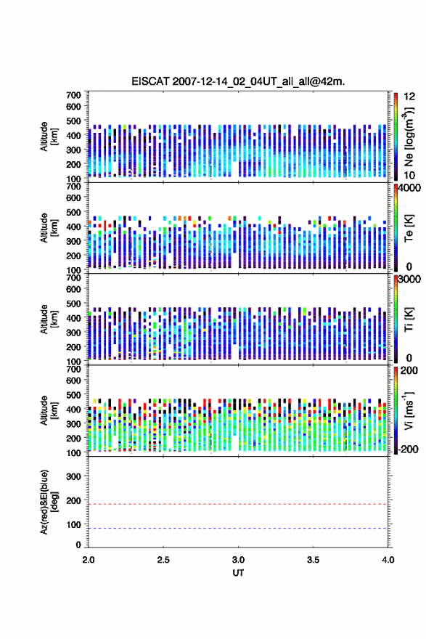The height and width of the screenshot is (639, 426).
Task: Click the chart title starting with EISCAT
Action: point(238,81)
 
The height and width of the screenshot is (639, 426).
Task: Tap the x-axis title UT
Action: point(238,573)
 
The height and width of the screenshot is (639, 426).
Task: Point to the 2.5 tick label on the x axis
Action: point(163,560)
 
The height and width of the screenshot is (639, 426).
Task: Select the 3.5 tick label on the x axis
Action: point(313,560)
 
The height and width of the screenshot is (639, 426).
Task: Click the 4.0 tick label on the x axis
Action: point(388,560)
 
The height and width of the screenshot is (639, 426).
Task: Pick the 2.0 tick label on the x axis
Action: point(89,560)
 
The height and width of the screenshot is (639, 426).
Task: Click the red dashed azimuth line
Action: point(238,504)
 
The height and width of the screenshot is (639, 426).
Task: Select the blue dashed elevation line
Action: point(238,528)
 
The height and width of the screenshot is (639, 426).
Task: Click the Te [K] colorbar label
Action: point(409,228)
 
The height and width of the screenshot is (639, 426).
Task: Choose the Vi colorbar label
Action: point(409,410)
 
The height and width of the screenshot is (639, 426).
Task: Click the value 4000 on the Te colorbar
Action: point(409,189)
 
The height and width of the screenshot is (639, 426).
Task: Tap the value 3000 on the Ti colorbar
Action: point(409,280)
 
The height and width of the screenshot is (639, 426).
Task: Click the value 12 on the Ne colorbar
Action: point(409,97)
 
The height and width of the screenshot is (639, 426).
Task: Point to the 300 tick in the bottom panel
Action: point(73,476)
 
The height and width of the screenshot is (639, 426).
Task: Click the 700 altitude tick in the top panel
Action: point(73,95)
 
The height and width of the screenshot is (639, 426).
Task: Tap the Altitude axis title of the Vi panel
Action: point(49,410)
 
